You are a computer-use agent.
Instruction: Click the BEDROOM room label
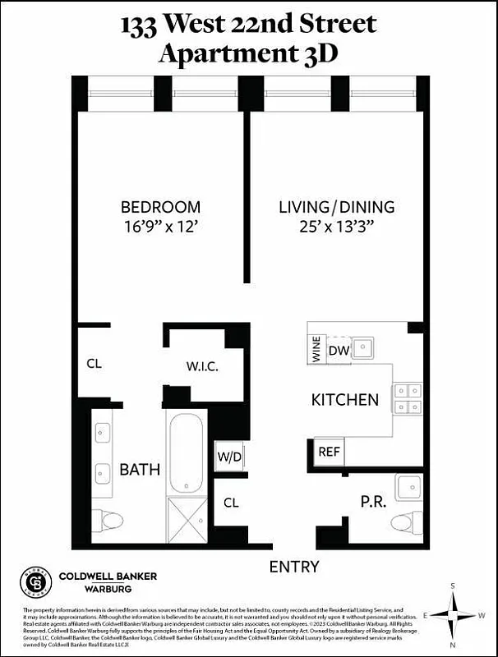(160, 207)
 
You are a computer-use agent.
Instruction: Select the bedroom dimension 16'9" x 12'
(160, 227)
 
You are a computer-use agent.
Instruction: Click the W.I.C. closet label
(202, 366)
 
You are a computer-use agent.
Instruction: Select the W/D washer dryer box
(228, 457)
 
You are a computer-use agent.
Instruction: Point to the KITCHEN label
(344, 401)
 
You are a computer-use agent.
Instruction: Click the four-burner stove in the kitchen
(408, 398)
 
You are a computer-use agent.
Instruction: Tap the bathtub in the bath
(186, 453)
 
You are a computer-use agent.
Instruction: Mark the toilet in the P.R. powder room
(406, 522)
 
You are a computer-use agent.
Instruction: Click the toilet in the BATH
(108, 520)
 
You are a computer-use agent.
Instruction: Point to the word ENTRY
(294, 567)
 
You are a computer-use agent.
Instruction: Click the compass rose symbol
(453, 614)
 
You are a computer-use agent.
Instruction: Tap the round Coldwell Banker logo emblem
(36, 581)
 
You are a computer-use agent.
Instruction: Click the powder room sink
(408, 487)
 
